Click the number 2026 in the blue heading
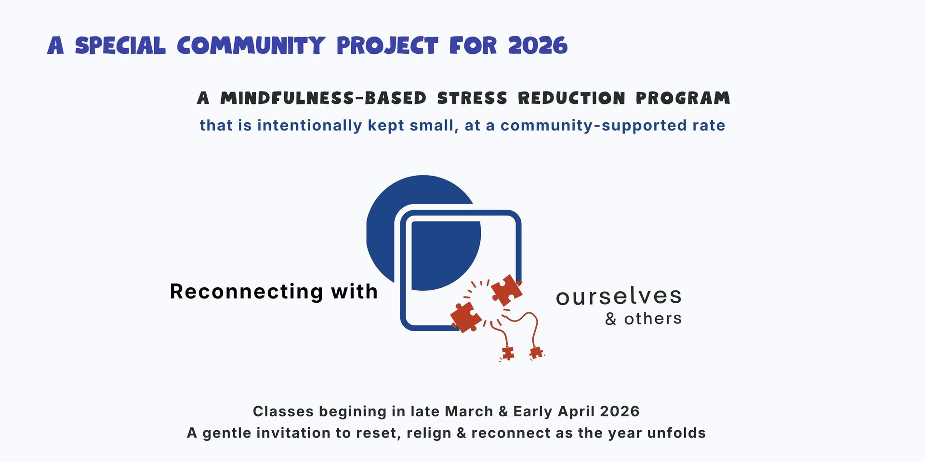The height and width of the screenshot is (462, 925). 538,46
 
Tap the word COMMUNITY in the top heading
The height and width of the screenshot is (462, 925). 251,46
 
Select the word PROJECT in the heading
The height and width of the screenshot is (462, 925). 387,46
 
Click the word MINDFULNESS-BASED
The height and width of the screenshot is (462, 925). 323,98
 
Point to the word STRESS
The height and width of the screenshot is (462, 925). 472,98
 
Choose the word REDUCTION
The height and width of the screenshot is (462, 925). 571,98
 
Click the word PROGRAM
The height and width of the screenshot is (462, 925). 683,98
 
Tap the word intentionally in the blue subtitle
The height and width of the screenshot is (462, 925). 309,125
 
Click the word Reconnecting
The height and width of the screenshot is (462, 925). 247,292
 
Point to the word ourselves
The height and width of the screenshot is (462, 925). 619,296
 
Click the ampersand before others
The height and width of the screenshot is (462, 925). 611,319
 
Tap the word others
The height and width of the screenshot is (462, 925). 653,318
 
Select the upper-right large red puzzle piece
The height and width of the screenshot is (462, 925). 506,290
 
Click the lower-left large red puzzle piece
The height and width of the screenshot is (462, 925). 466,317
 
